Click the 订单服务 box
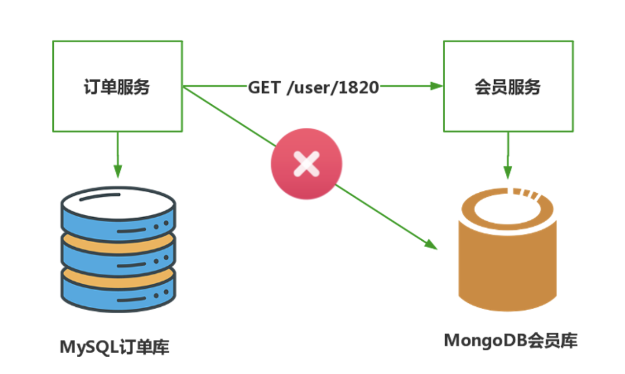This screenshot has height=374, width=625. (x=117, y=86)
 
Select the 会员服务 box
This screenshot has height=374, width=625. (x=508, y=86)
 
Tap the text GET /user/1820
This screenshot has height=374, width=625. (x=313, y=87)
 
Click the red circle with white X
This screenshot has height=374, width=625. (x=306, y=164)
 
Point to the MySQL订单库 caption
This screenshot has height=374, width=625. (x=115, y=347)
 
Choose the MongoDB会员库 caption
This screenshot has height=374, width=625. (x=510, y=340)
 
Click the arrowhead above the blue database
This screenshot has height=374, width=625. (x=117, y=172)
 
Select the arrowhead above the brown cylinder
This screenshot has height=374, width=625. (x=508, y=173)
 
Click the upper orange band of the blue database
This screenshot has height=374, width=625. (x=118, y=238)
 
